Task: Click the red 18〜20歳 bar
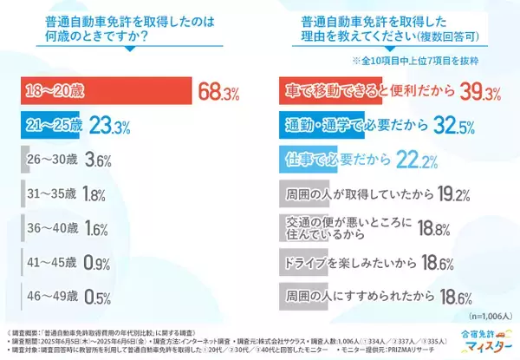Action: (x=104, y=91)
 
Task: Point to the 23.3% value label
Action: (x=112, y=127)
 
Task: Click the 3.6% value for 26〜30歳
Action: (x=98, y=161)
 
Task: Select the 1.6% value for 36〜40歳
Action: (x=95, y=228)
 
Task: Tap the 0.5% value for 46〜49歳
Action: (x=96, y=296)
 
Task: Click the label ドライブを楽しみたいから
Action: (x=347, y=261)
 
